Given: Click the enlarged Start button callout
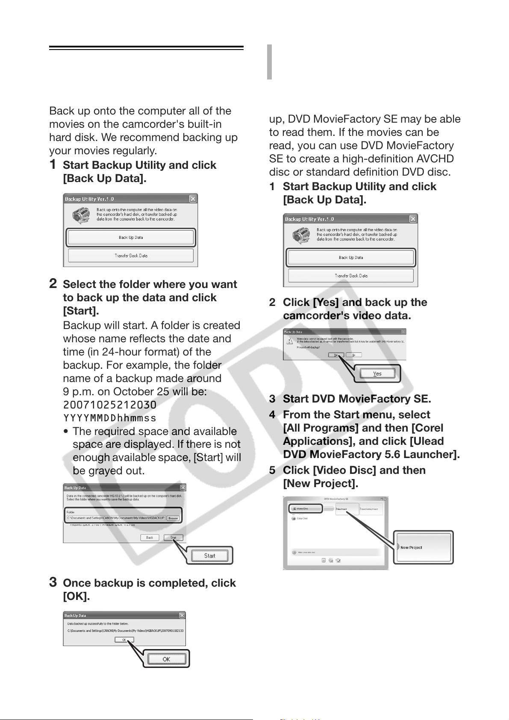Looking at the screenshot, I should tap(209, 555).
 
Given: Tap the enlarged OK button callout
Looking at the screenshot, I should tap(166, 659).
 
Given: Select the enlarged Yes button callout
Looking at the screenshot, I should tap(377, 374).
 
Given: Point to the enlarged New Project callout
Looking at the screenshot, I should tap(423, 547).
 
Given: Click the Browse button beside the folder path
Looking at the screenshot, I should tap(173, 518).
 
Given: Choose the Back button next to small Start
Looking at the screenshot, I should tap(150, 538).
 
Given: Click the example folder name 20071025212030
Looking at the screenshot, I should tap(110, 405).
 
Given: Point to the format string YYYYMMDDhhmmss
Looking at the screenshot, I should tap(110, 418).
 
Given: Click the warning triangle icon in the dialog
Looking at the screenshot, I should tap(290, 341).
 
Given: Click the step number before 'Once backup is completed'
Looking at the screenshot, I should tap(53, 582).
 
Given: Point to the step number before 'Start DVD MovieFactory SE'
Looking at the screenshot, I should tap(272, 399).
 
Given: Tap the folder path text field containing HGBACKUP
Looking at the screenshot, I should tap(115, 518).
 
